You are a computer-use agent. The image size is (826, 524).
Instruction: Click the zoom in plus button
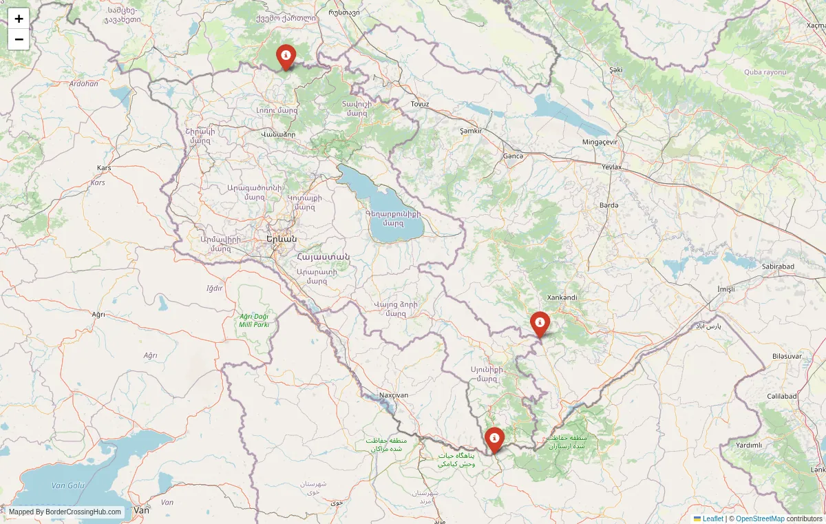[19, 19]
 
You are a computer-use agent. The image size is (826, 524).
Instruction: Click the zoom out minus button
[19, 39]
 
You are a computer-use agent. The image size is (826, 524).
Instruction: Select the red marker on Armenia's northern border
[286, 56]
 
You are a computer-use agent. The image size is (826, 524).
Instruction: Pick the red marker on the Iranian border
[494, 439]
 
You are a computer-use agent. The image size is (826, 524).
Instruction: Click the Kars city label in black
[104, 168]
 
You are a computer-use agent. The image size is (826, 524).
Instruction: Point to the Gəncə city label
[513, 156]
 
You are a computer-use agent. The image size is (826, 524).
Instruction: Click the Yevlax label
[611, 167]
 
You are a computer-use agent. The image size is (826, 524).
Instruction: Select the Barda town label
[608, 205]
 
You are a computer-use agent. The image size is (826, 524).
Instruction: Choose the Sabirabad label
[779, 266]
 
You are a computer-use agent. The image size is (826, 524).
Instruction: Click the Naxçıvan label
[394, 395]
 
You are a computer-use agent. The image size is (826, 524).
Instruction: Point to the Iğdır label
[215, 288]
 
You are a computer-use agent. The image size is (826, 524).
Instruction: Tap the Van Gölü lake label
[67, 485]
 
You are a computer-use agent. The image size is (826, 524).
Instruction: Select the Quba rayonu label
[764, 72]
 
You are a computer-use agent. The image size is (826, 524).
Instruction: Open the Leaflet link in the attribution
[712, 518]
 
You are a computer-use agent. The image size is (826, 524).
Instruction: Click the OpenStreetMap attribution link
[760, 518]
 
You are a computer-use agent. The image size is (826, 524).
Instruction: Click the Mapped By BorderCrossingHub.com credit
[65, 512]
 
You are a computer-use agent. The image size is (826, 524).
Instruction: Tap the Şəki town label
[615, 70]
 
